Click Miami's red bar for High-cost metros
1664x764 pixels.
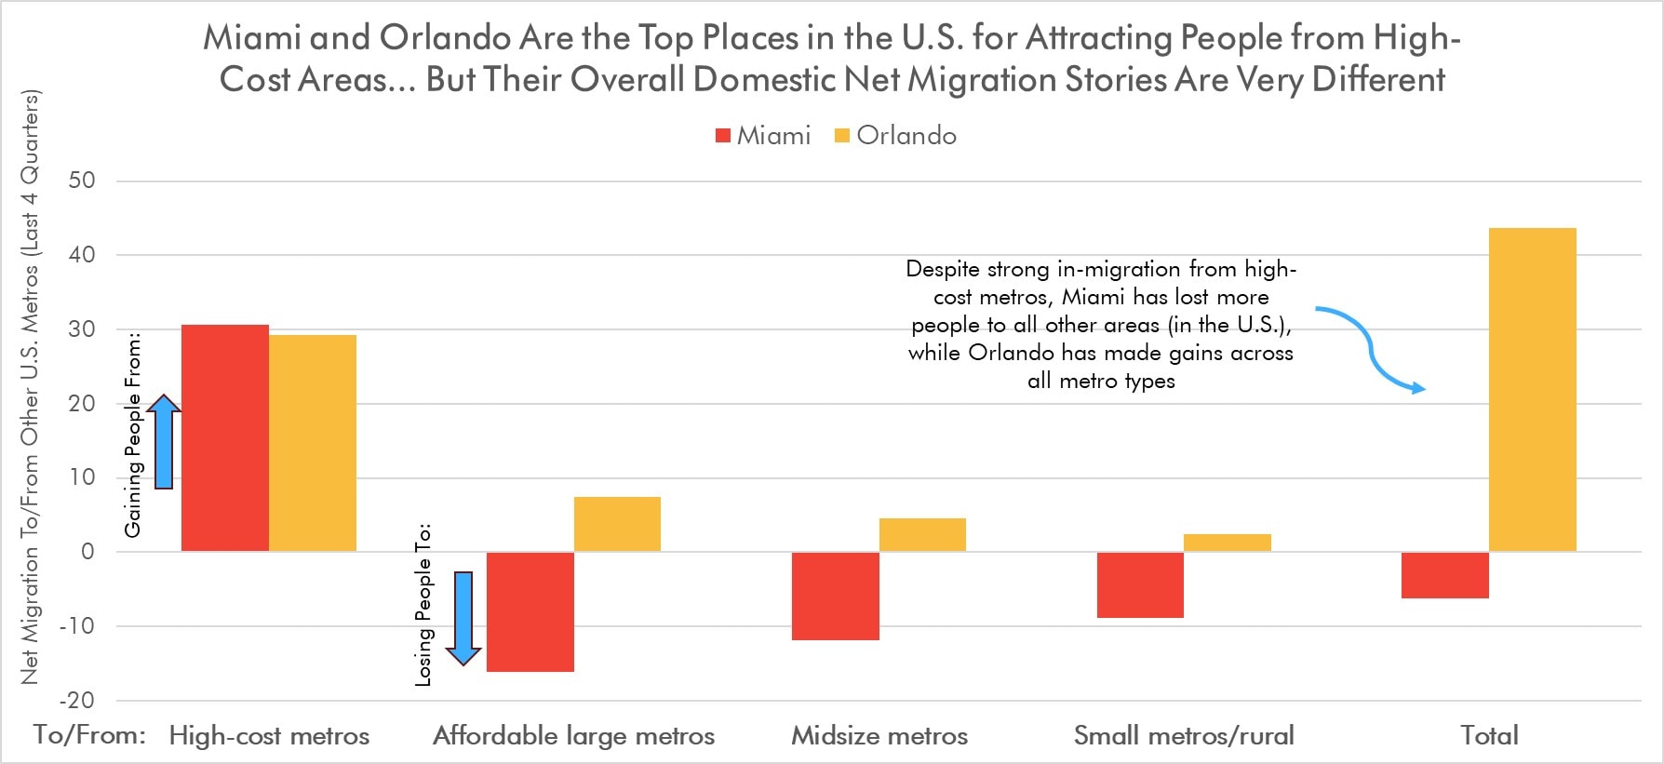point(224,437)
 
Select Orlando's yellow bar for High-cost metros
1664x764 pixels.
point(313,443)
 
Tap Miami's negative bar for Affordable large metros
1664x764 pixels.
point(530,611)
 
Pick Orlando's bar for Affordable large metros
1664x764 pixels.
point(617,525)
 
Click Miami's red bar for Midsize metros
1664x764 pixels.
point(835,596)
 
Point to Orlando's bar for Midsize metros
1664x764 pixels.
point(922,535)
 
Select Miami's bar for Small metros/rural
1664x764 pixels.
point(1140,584)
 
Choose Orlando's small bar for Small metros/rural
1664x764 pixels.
point(1228,543)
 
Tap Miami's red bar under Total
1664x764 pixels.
point(1444,575)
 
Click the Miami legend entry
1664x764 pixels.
point(763,136)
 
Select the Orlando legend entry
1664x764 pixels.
point(895,136)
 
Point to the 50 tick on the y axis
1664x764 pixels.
point(82,181)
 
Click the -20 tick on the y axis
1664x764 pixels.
point(76,700)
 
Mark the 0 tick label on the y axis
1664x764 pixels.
point(87,551)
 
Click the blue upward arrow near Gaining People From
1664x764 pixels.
point(164,442)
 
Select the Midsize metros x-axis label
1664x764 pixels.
point(879,736)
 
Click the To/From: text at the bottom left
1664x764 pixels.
point(89,735)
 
